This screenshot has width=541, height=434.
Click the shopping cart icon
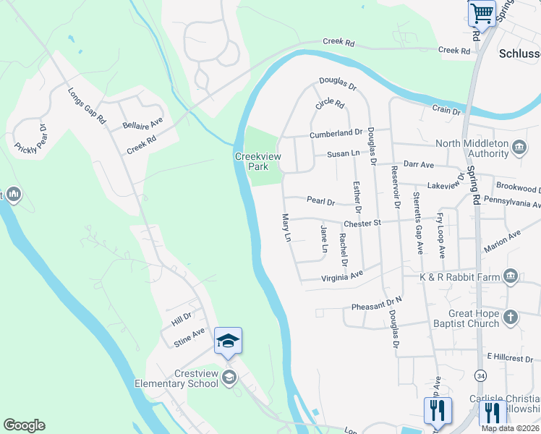pyautogui.click(x=481, y=13)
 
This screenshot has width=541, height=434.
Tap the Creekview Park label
pyautogui.click(x=252, y=161)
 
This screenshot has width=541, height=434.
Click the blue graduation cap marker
pyautogui.click(x=228, y=341)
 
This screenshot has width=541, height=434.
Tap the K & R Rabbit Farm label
pyautogui.click(x=461, y=276)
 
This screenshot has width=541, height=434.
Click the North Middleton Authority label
pyautogui.click(x=477, y=148)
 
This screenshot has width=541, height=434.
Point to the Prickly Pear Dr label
pyautogui.click(x=30, y=139)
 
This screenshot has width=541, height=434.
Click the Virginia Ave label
pyautogui.click(x=342, y=276)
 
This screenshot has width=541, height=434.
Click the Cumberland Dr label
pyautogui.click(x=336, y=134)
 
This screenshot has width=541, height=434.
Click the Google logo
pyautogui.click(x=24, y=425)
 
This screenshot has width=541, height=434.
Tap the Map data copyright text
pyautogui.click(x=510, y=428)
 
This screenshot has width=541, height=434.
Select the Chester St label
pyautogui.click(x=362, y=224)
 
